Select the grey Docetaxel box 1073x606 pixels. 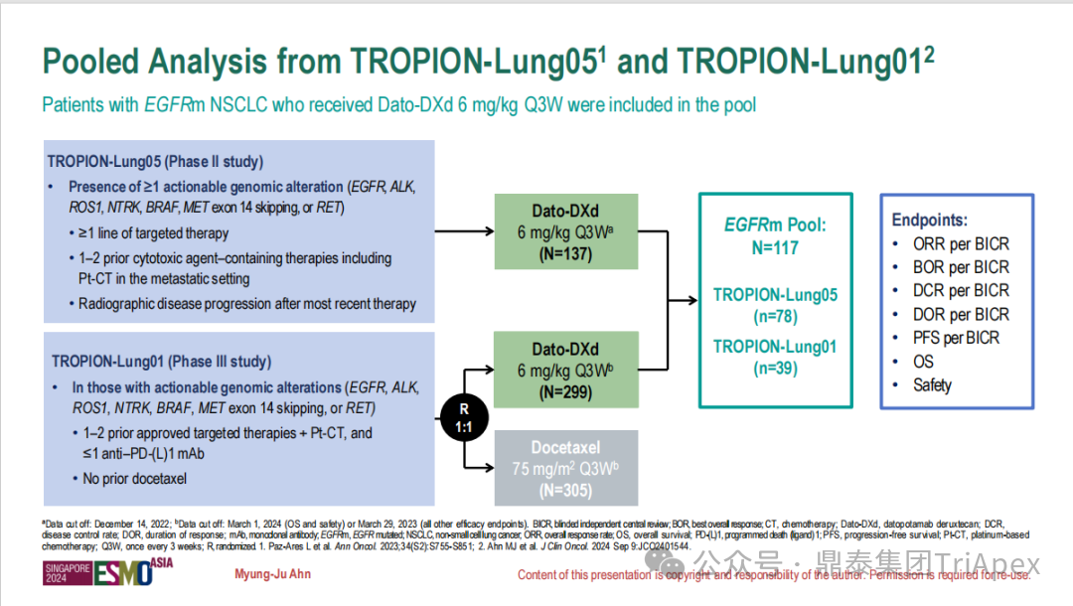point(565,467)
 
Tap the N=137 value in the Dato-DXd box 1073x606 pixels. point(564,254)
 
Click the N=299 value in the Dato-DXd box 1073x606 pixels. point(564,392)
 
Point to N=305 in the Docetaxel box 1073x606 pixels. point(564,489)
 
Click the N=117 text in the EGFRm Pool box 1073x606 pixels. point(775,247)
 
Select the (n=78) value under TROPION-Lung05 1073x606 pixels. point(775,317)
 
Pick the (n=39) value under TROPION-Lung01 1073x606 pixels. point(775,369)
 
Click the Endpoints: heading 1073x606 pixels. point(929,221)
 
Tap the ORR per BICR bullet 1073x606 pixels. point(960,243)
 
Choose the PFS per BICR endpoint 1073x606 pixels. point(956,338)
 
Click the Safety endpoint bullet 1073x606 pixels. point(932,384)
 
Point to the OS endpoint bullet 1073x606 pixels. point(923,362)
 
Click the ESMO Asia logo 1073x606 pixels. point(99,573)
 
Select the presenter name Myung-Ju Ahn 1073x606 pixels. point(272,574)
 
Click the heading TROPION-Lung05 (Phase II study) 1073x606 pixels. point(157,162)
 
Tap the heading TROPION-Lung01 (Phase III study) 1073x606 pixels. point(161,362)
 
